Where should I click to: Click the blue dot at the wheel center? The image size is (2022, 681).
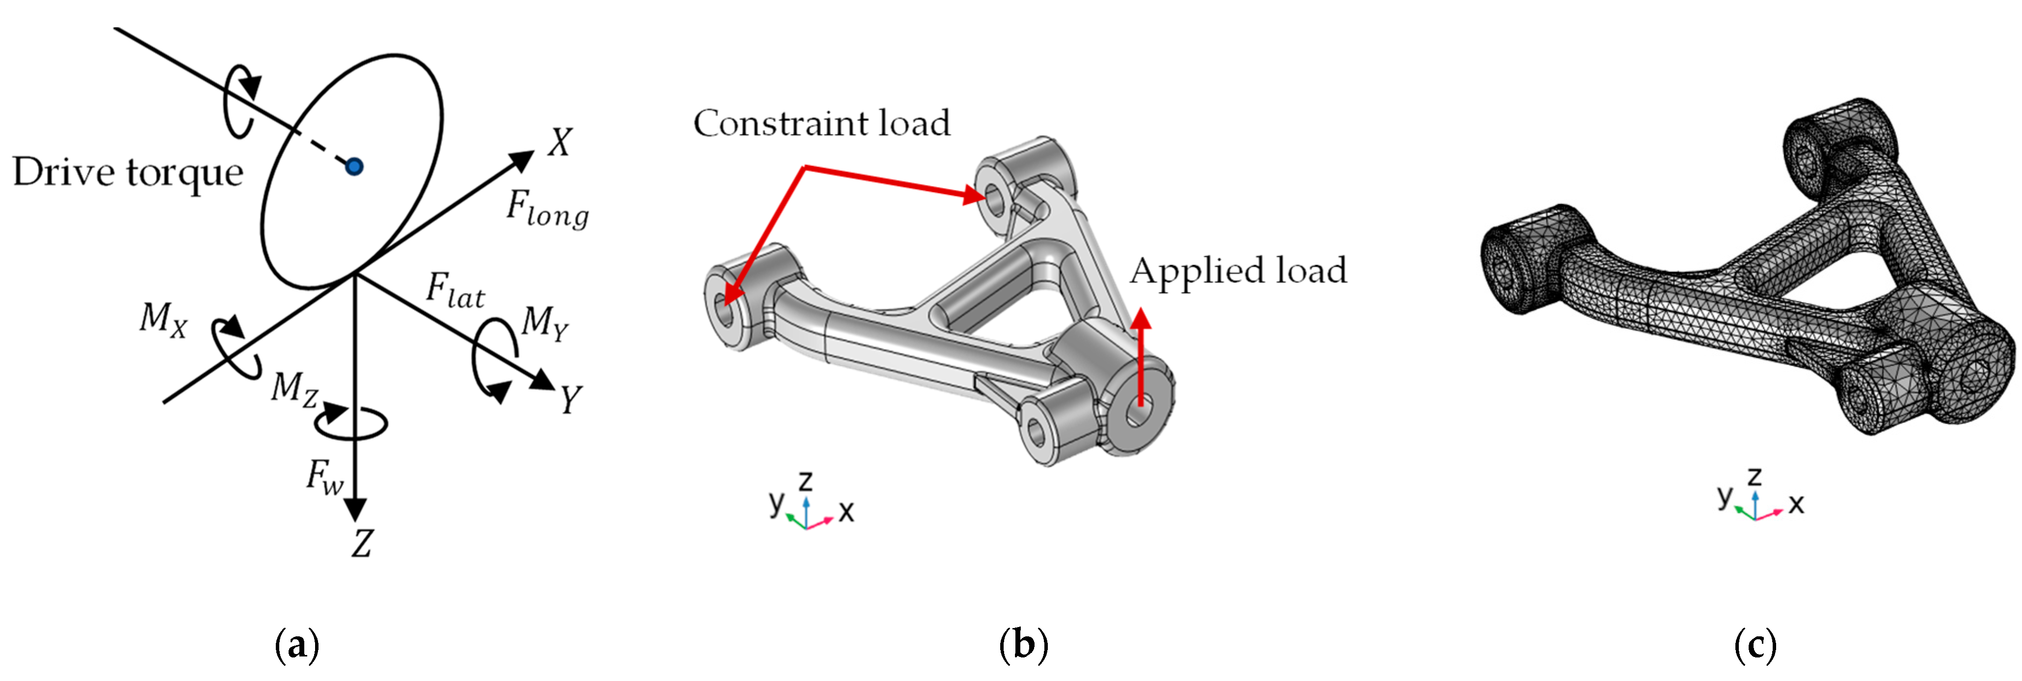click(354, 166)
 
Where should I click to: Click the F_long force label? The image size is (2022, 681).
click(547, 210)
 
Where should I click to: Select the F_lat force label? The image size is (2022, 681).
click(455, 290)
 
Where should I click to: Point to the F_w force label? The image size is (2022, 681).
click(325, 477)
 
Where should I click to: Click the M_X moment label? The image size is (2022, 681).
click(163, 320)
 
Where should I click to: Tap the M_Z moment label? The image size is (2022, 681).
click(293, 389)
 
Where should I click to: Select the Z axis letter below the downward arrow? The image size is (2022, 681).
click(362, 543)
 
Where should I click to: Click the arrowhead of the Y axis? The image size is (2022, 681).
click(542, 380)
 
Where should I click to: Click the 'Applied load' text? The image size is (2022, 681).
click(1238, 271)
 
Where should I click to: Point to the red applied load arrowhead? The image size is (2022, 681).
click(1141, 318)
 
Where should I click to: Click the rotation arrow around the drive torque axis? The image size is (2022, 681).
click(240, 102)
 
